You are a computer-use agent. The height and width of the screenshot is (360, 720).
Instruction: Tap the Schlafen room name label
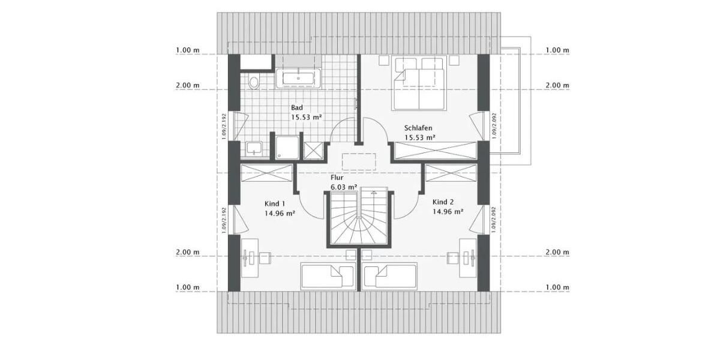(x=418, y=128)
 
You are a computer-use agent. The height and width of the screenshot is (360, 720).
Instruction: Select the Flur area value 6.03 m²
(x=344, y=187)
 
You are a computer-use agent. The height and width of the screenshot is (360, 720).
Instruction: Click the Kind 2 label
(x=444, y=203)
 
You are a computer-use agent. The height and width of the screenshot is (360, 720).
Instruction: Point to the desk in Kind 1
(x=250, y=258)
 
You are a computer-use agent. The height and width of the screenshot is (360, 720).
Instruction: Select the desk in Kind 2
(x=469, y=258)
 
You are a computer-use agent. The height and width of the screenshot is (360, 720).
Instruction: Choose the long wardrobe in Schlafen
(x=435, y=151)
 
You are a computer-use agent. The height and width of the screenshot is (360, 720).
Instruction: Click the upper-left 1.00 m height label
(x=188, y=50)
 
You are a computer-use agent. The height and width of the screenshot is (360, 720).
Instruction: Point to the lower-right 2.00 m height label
(x=557, y=252)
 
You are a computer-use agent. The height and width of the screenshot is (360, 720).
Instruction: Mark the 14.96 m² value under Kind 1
(x=279, y=212)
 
